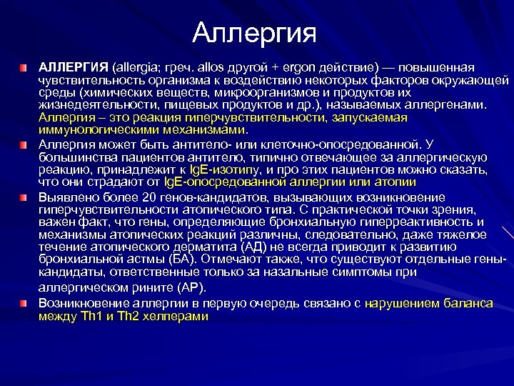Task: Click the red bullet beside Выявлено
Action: (x=26, y=194)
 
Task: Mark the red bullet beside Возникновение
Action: (x=26, y=303)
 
